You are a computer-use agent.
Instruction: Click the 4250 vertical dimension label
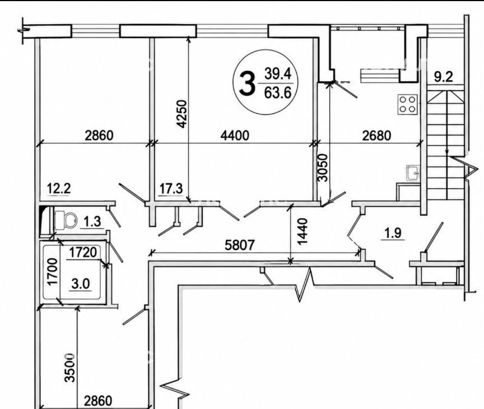click(x=183, y=114)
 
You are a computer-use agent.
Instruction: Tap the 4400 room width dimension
click(x=235, y=136)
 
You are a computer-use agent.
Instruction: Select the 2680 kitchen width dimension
click(x=376, y=136)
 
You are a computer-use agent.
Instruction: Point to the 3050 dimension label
click(x=323, y=168)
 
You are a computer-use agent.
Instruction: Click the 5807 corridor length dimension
click(x=240, y=245)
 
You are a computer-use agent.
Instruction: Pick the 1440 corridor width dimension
click(x=303, y=231)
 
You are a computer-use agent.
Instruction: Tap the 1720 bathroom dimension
click(x=83, y=253)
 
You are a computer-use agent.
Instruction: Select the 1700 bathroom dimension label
click(x=53, y=272)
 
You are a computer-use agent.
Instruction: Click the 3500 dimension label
click(x=71, y=368)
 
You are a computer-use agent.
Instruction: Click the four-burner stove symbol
click(x=407, y=104)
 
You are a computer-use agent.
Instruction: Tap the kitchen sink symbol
click(x=413, y=173)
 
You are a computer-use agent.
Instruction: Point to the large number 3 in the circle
click(x=248, y=83)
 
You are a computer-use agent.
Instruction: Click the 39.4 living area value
click(x=278, y=74)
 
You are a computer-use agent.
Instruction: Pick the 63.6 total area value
click(x=278, y=92)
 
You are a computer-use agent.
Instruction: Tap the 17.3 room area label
click(x=171, y=188)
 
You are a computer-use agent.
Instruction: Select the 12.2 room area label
click(x=59, y=188)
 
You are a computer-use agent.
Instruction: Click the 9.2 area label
click(x=444, y=77)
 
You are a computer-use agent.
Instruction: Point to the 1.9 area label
click(x=393, y=233)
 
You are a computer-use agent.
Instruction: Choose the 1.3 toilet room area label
click(x=92, y=222)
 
